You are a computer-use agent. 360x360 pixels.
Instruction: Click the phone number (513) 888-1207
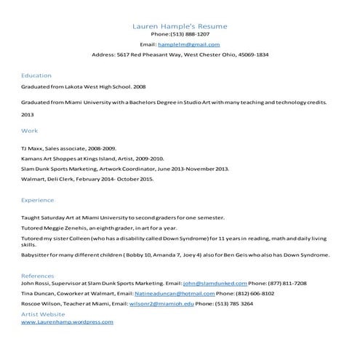190,34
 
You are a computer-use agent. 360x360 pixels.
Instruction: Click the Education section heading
36,75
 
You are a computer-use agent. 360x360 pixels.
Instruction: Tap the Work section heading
30,131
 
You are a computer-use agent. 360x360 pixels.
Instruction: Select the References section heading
38,276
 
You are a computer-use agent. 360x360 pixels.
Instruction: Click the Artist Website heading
43,313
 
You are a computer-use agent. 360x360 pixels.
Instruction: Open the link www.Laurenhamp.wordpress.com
67,321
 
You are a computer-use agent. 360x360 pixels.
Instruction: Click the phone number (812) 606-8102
255,293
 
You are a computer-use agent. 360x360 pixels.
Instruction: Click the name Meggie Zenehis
69,227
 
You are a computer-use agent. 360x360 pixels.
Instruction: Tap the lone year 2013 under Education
28,115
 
